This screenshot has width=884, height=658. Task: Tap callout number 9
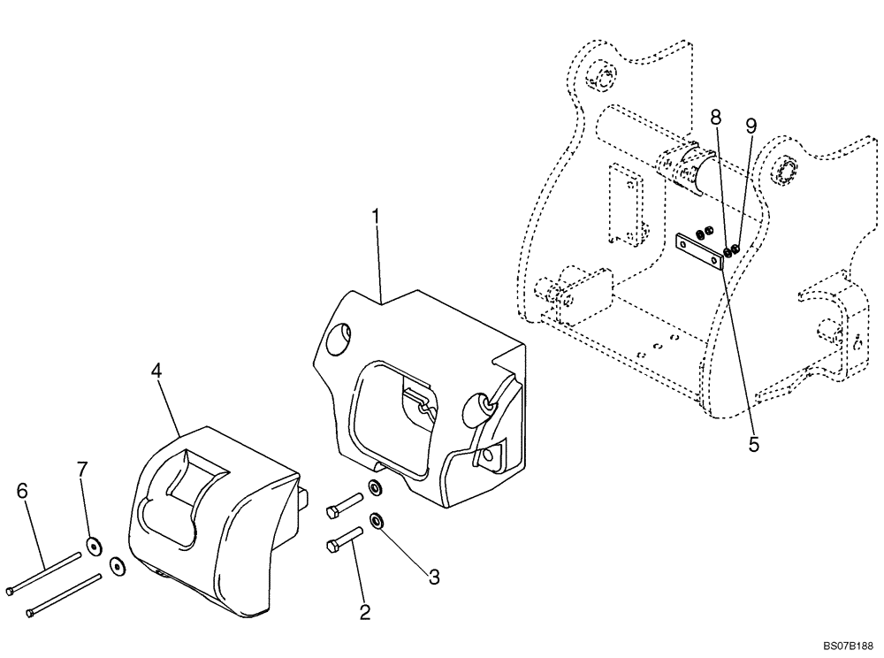(x=751, y=126)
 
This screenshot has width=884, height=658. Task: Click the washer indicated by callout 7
(x=91, y=546)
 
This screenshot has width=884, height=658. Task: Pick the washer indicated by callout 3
(x=377, y=521)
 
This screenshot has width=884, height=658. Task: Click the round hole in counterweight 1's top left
(x=339, y=340)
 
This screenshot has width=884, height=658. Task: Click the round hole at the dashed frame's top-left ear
(x=603, y=77)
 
